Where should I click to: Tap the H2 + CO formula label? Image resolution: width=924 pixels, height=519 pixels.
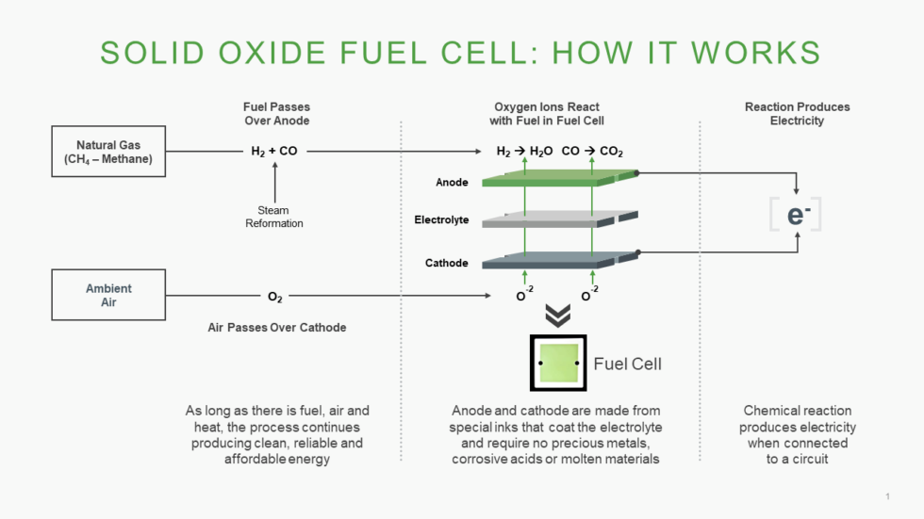274,151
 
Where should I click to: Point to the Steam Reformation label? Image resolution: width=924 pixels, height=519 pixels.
274,217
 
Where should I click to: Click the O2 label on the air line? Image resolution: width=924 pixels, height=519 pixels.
274,297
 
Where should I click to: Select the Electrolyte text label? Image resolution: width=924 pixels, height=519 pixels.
441,220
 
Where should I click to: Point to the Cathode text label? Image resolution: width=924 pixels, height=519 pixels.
446,263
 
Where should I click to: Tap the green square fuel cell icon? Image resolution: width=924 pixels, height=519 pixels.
558,363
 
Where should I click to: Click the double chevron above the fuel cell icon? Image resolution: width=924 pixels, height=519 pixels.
558,316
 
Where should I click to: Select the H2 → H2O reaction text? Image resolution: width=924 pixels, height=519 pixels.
524,151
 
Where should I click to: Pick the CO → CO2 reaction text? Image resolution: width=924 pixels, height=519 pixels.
592,151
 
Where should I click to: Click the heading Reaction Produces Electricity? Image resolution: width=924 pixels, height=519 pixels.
797,114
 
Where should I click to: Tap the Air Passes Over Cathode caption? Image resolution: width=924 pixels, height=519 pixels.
276,328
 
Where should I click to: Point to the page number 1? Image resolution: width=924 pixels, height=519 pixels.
887,496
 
